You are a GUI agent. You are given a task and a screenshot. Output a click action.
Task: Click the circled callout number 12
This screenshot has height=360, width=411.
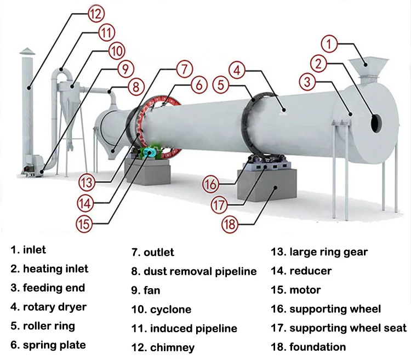coord(96,14)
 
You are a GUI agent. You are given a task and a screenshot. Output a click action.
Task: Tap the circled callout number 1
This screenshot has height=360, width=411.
coord(329,44)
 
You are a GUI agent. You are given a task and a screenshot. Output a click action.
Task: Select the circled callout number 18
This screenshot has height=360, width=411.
coord(230,225)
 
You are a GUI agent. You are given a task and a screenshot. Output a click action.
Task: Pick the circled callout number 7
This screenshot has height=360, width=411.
coord(185,69)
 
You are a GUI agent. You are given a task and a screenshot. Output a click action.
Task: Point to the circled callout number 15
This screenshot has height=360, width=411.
coord(84,224)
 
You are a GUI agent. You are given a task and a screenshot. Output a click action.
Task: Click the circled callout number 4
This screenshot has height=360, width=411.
coord(237,70)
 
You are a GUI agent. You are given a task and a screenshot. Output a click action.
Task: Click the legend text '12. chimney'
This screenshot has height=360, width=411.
coord(163,348)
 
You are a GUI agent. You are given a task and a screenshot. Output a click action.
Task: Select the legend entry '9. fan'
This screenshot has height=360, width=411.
coord(145,290)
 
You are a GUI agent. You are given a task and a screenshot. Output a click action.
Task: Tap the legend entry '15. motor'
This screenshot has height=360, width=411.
coord(296,290)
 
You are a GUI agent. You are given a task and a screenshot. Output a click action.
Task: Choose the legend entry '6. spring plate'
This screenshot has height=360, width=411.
coord(48,345)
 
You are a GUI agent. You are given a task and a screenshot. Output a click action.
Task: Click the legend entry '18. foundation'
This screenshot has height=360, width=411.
coord(308,347)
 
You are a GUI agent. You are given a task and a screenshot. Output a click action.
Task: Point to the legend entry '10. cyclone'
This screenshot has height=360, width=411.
coord(161,310)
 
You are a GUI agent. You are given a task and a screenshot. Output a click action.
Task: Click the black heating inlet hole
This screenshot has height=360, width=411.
coord(376,123)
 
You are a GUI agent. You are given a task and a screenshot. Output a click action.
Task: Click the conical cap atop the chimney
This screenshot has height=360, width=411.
coord(27,52)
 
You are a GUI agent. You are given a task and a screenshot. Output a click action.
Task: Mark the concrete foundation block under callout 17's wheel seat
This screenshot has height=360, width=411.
coord(267,185)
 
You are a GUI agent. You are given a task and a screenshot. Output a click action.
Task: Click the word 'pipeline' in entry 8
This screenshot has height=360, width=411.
coord(236,271)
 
